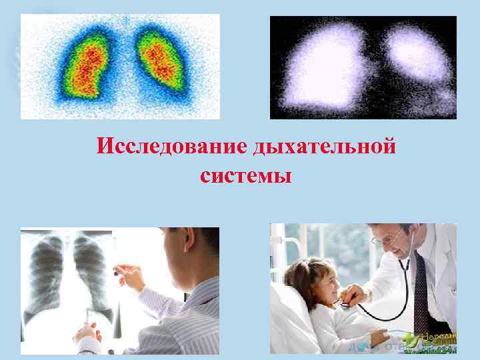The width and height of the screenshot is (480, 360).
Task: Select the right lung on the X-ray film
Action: [x=91, y=267]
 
